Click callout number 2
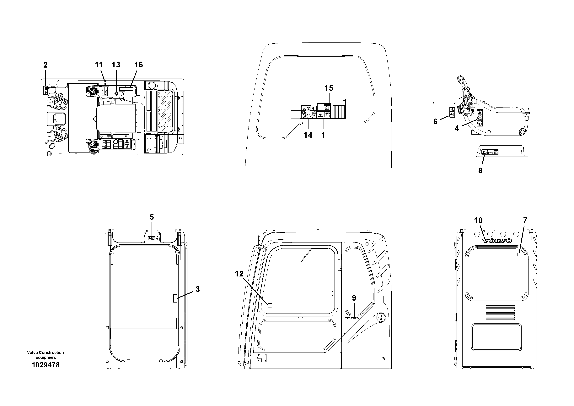pyautogui.click(x=45, y=65)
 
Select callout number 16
pyautogui.click(x=138, y=65)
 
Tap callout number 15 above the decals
pyautogui.click(x=329, y=88)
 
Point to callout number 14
pyautogui.click(x=308, y=135)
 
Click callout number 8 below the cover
pyautogui.click(x=480, y=171)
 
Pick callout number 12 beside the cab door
pyautogui.click(x=239, y=274)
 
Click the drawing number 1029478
pyautogui.click(x=46, y=365)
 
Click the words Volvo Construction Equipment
pyautogui.click(x=46, y=355)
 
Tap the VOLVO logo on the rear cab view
pyautogui.click(x=496, y=241)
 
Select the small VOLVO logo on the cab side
pyautogui.click(x=352, y=318)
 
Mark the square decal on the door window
pyautogui.click(x=270, y=305)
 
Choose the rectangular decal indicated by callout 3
pyautogui.click(x=175, y=298)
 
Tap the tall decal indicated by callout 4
pyautogui.click(x=480, y=118)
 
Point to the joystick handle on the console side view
pyautogui.click(x=462, y=83)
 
